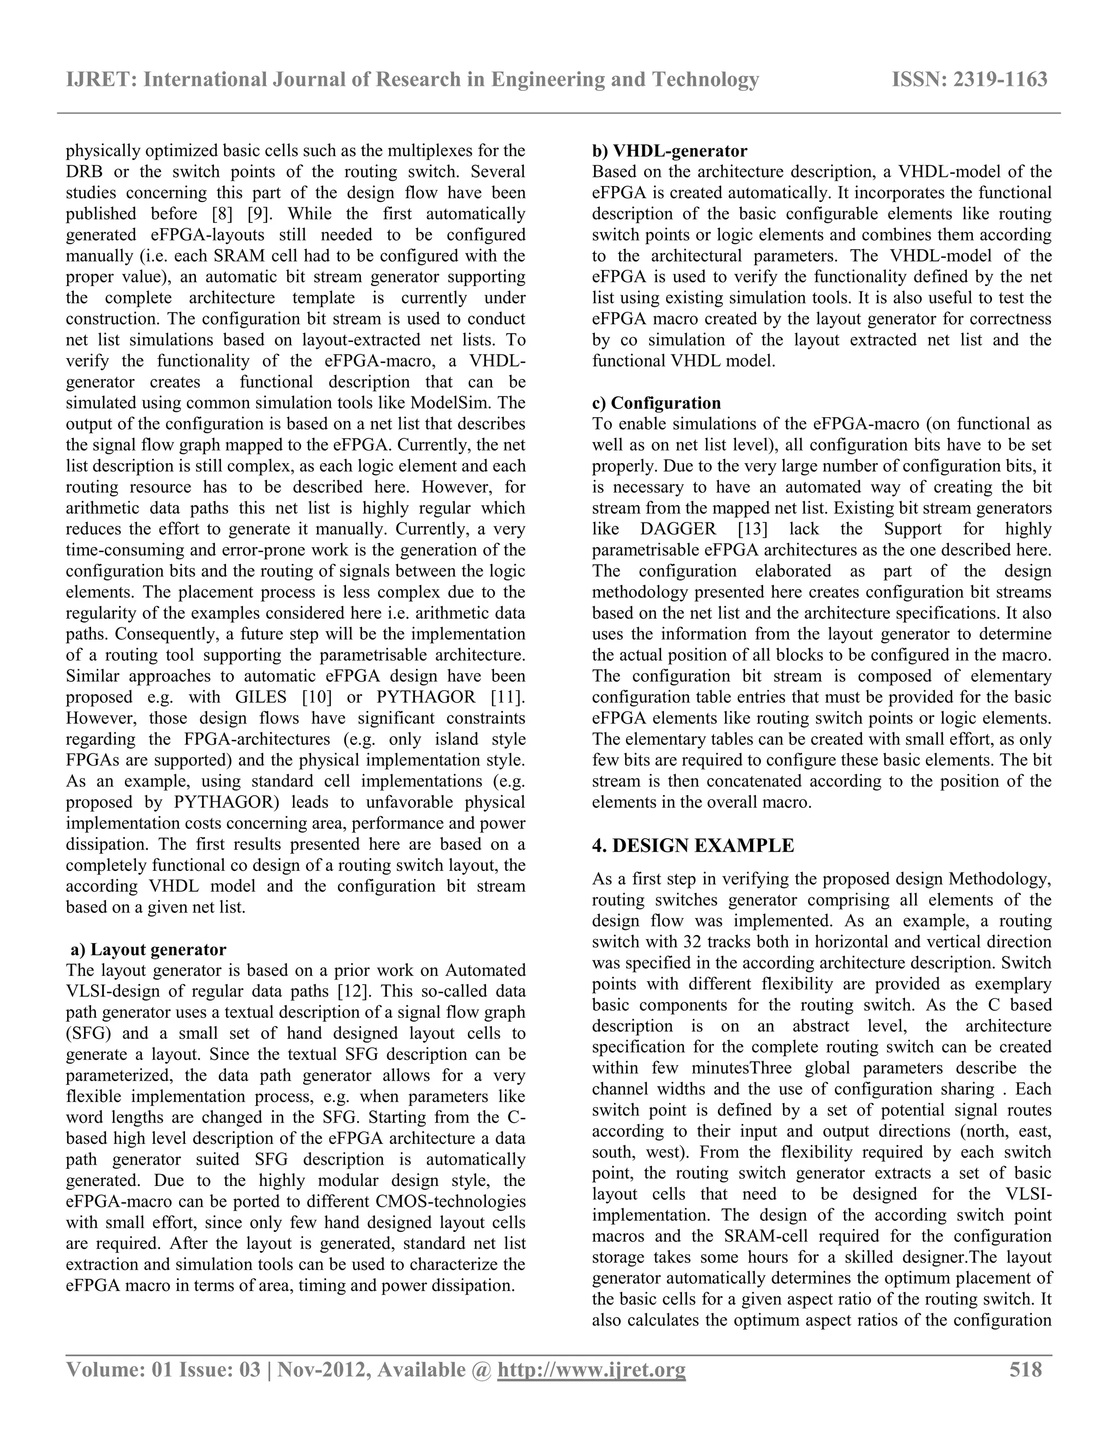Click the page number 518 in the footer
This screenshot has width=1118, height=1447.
coord(1025,1369)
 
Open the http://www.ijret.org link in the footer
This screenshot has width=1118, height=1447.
coord(591,1370)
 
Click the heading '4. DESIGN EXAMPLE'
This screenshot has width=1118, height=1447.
coord(693,845)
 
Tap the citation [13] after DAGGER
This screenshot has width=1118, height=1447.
coord(753,529)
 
